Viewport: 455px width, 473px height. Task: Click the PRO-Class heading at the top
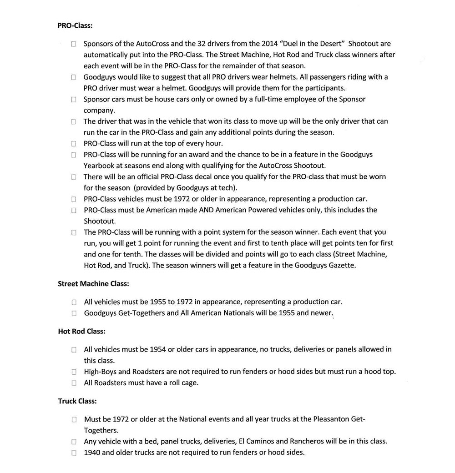point(75,25)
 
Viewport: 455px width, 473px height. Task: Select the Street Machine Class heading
point(93,283)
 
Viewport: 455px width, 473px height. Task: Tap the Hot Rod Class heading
point(81,331)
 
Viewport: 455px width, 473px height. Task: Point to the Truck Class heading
point(77,401)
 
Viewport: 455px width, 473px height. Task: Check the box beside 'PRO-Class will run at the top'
point(74,144)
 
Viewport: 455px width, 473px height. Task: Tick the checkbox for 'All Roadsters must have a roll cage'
point(74,383)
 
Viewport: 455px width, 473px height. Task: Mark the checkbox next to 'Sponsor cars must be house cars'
point(74,100)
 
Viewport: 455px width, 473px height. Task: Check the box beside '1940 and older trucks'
point(74,453)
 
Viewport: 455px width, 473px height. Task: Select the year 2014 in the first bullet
point(270,44)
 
